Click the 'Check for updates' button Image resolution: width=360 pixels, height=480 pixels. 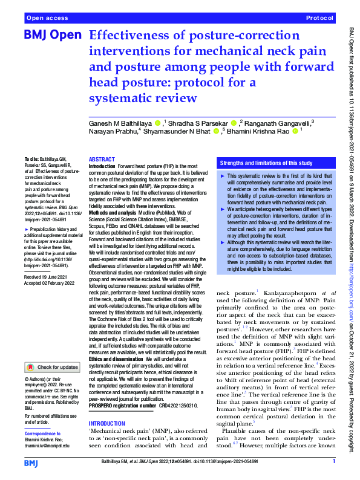coord(51,367)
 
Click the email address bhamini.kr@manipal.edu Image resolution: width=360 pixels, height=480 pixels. coord(50,446)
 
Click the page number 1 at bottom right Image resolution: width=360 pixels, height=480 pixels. coord(333,462)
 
